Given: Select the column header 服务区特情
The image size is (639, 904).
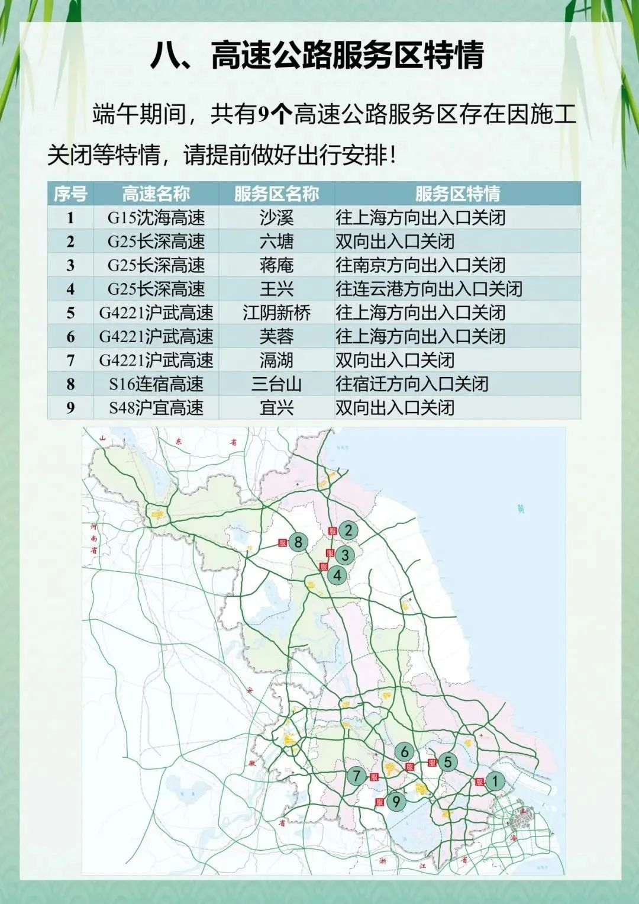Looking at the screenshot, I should point(457,194).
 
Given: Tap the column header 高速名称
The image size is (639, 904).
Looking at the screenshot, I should point(156,194).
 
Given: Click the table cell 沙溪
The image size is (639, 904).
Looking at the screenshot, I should point(276,218).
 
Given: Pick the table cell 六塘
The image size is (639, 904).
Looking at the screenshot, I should point(276,242).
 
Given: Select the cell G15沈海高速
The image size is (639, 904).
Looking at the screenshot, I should point(156,218).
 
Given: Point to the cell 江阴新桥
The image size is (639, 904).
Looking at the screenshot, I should point(276,313).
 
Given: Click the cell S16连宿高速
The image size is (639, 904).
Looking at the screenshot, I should point(156,384).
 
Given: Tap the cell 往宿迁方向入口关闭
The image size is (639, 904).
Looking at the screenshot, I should point(412,384).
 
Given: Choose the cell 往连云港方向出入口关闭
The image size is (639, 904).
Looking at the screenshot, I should point(429,289).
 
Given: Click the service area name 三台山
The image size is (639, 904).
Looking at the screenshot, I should point(276,384).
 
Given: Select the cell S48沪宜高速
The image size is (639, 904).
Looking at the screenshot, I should point(156,408).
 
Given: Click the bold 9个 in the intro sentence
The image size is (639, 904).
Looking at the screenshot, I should point(275,114).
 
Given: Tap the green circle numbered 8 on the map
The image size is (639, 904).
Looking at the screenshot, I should point(298,542).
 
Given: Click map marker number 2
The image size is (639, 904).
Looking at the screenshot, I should point(348,530).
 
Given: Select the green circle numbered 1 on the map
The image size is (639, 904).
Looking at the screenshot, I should point(495,781).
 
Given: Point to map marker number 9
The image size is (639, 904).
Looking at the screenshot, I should point(396,802).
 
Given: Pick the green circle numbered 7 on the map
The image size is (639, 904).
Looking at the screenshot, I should point(356,776).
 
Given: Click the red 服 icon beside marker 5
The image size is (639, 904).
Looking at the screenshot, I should point(432,763).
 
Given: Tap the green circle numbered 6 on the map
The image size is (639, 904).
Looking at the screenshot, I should point(405,752).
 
